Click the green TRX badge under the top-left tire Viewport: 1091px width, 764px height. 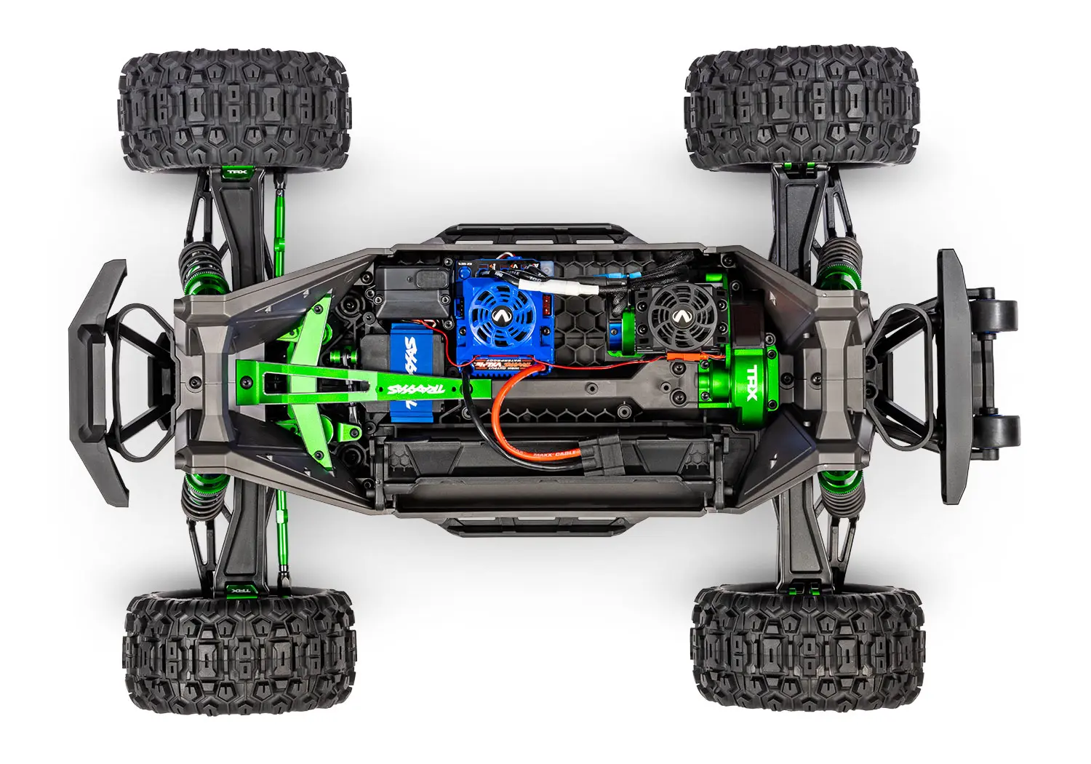(236, 174)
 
